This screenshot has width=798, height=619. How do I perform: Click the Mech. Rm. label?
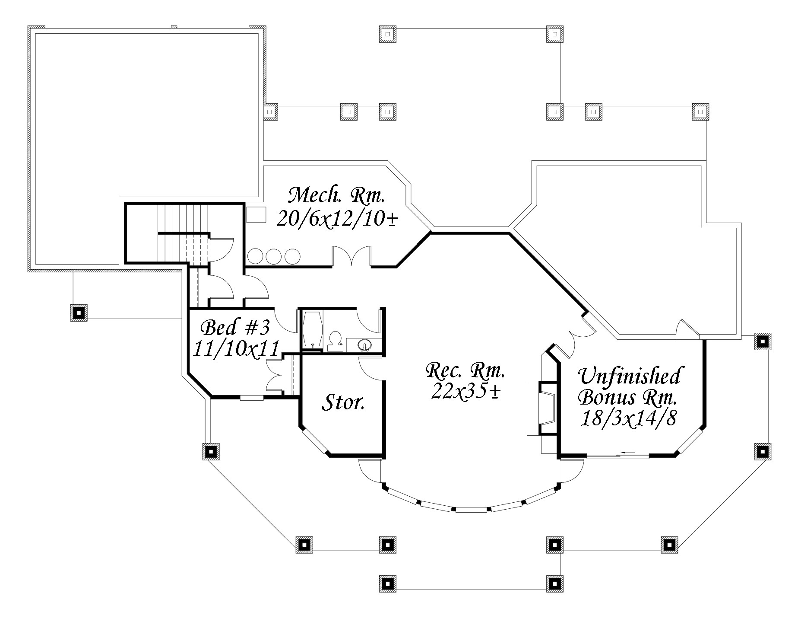tap(336, 196)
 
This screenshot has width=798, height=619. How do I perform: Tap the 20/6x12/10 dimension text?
tap(337, 219)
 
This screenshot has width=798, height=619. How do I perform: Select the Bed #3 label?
tap(236, 328)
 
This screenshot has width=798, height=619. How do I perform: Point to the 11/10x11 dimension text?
tap(235, 349)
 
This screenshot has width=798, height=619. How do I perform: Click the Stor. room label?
tap(343, 402)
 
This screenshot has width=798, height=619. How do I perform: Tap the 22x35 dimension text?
tap(465, 391)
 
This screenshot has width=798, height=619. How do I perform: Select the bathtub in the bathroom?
tap(311, 329)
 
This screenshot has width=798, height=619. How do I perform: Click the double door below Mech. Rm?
tap(351, 257)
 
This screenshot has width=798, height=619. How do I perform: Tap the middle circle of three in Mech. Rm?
tap(273, 256)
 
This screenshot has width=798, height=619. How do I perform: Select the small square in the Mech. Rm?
tap(256, 214)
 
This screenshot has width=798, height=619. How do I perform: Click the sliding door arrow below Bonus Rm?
tap(628, 453)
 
